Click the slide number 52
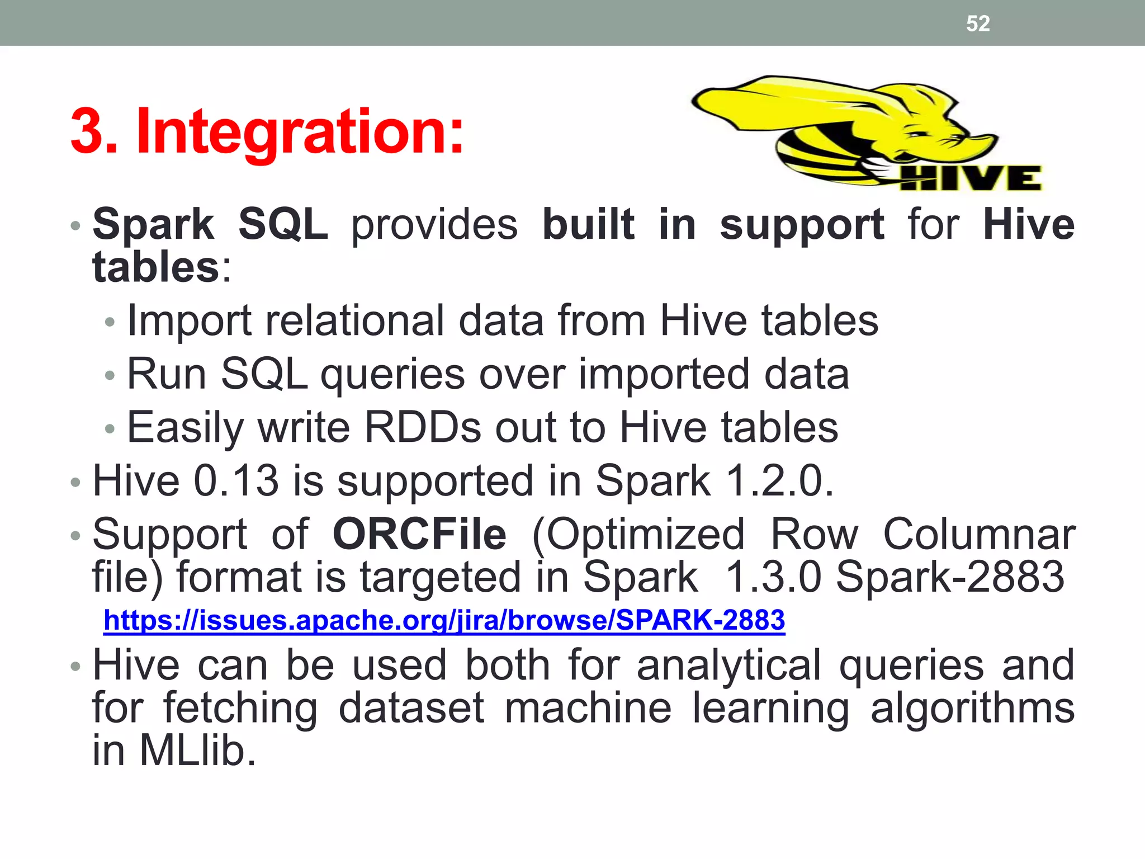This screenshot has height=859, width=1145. click(978, 23)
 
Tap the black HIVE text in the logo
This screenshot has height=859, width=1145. click(971, 178)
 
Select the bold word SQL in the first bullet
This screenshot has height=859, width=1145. click(283, 224)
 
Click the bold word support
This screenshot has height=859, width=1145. click(802, 224)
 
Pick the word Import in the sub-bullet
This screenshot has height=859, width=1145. click(189, 320)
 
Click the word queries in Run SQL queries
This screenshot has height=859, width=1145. click(392, 374)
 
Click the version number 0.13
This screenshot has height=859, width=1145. click(236, 480)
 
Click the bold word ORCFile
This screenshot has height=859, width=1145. click(419, 534)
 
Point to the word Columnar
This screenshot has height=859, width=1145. click(978, 534)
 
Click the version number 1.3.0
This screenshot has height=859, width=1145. click(773, 577)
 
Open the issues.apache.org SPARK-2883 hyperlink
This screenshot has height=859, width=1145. click(444, 620)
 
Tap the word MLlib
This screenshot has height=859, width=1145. click(197, 750)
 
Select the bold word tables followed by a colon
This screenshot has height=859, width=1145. click(156, 267)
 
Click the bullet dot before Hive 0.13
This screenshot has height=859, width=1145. click(75, 482)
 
